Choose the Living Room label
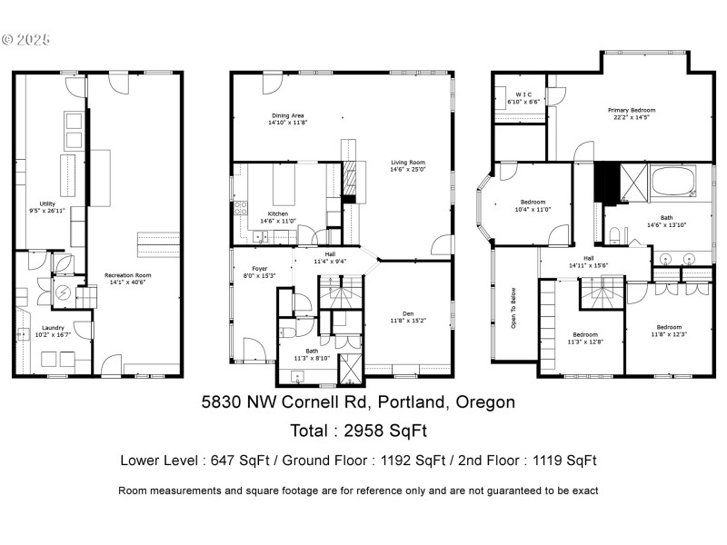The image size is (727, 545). click(408, 164)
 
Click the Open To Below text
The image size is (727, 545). click(513, 309)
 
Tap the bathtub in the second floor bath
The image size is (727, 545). click(673, 181)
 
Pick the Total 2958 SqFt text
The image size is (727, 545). click(358, 430)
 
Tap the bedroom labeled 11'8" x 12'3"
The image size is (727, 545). click(670, 331)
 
